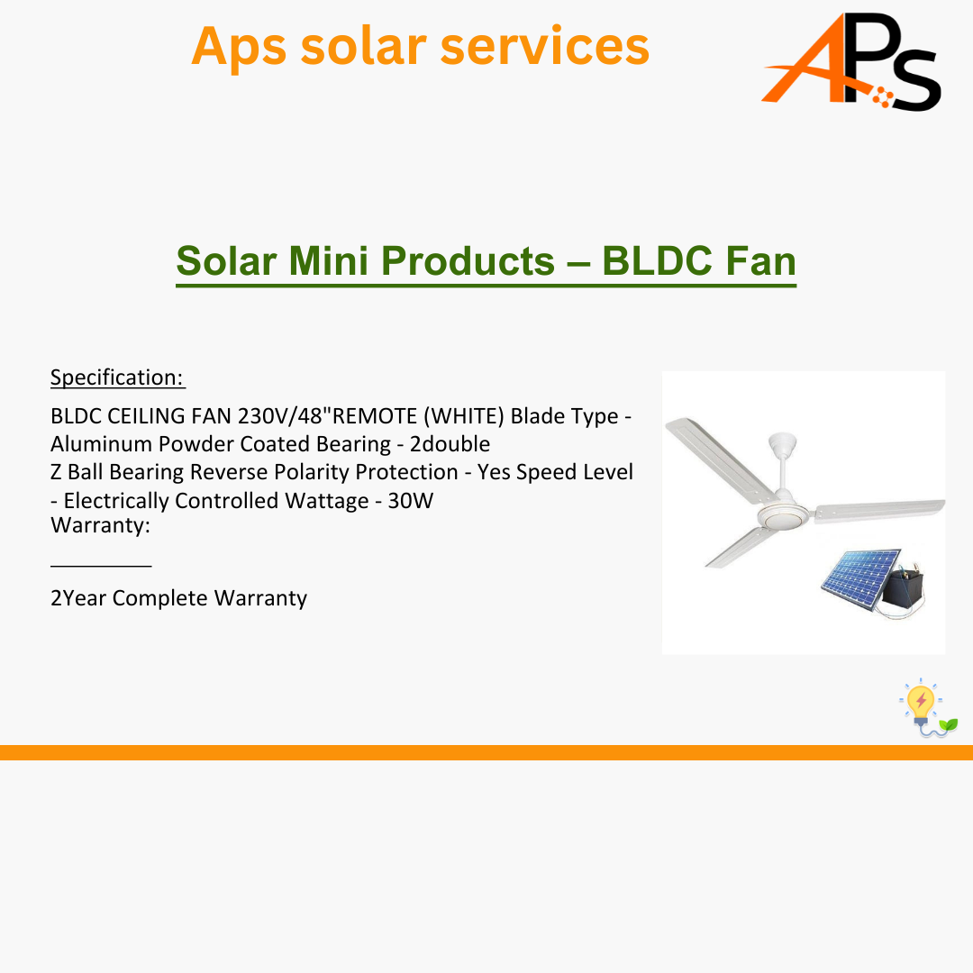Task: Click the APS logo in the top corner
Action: click(x=851, y=61)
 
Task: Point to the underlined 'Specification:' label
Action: click(x=118, y=377)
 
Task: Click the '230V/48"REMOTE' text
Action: click(x=328, y=415)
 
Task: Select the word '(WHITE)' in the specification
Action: click(x=464, y=415)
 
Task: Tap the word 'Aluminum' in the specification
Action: click(x=102, y=444)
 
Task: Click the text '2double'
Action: click(x=450, y=444)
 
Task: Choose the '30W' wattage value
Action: click(x=411, y=501)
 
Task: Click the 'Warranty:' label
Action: click(x=101, y=525)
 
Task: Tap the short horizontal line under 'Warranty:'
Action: click(x=101, y=565)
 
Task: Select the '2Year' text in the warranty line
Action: click(x=78, y=598)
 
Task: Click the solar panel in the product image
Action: click(x=860, y=579)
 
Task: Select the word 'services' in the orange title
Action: click(x=545, y=46)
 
